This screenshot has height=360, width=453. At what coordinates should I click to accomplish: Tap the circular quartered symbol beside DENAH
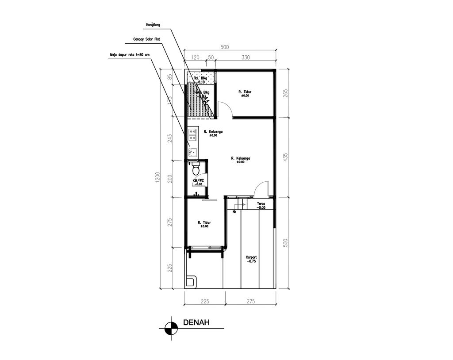169,329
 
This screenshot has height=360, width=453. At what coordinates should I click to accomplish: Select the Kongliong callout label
153,25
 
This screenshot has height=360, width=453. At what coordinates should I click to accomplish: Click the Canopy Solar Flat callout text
146,39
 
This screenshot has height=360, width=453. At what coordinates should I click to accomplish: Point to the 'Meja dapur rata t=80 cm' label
130,55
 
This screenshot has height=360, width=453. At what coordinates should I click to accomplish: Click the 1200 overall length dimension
156,178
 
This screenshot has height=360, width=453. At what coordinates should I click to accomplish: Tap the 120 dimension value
195,57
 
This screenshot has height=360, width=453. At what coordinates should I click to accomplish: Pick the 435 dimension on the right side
285,157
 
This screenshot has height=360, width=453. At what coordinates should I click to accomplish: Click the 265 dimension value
285,93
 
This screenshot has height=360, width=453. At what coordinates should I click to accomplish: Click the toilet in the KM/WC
196,168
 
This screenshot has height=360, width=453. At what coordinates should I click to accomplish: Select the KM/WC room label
198,182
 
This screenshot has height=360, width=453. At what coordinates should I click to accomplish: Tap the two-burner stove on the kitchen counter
192,132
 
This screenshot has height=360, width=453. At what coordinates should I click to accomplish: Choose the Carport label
251,259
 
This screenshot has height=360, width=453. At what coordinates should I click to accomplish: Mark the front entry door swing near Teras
262,188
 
